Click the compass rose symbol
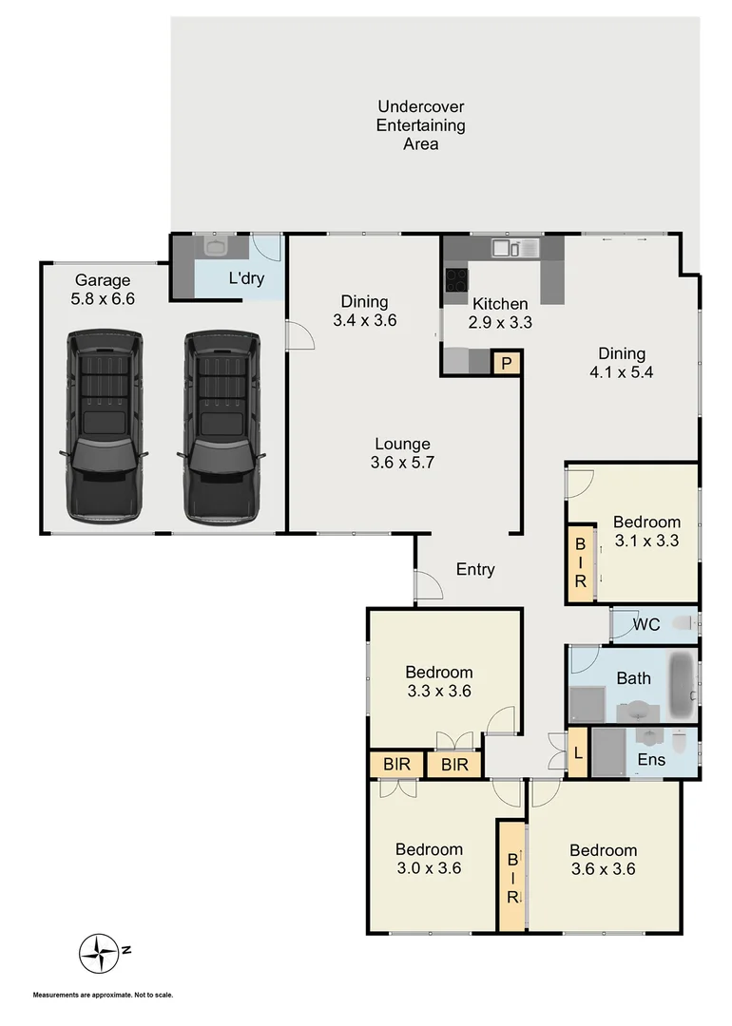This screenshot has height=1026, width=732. click(x=99, y=949)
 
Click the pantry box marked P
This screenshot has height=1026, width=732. click(x=506, y=363)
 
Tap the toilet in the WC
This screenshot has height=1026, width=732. click(x=683, y=624)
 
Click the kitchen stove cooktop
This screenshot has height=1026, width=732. click(x=456, y=280)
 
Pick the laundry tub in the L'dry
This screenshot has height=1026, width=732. click(x=217, y=246)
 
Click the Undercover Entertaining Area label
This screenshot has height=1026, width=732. click(x=420, y=125)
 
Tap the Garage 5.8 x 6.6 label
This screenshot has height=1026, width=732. click(x=103, y=290)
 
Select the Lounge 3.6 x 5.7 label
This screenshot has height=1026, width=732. click(x=402, y=453)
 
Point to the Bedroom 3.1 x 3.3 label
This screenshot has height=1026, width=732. click(x=646, y=531)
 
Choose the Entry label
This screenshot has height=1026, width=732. click(x=475, y=570)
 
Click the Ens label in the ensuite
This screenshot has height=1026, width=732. click(x=651, y=760)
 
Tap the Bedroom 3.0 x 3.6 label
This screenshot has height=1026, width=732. click(x=429, y=858)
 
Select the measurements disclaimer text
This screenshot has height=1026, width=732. click(x=104, y=995)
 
